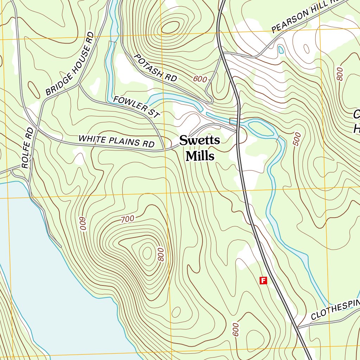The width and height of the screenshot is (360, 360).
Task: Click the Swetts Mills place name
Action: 200,148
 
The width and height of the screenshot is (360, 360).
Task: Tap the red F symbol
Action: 263,280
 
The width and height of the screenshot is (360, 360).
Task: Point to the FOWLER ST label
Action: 136,107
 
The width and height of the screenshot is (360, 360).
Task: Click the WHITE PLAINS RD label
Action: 116,141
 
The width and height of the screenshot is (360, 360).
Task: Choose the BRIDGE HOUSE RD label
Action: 70,64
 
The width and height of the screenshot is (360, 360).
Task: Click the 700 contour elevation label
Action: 127,219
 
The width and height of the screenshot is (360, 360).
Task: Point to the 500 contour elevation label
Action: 297,139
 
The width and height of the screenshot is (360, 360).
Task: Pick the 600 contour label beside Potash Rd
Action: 200,79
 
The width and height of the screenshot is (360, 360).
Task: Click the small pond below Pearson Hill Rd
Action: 281,49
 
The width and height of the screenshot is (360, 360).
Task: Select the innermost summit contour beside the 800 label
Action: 147,252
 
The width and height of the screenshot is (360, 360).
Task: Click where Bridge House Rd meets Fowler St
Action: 79,84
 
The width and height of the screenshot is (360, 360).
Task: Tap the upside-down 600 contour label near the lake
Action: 83,224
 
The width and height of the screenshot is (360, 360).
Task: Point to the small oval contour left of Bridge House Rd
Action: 34,90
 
